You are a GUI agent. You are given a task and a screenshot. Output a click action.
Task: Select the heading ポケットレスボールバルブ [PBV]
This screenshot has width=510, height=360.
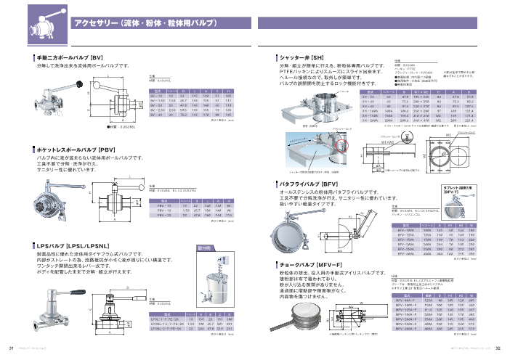click(x=76, y=149)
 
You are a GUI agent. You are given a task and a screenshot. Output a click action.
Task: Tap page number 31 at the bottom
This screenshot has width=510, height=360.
click(x=11, y=347)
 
